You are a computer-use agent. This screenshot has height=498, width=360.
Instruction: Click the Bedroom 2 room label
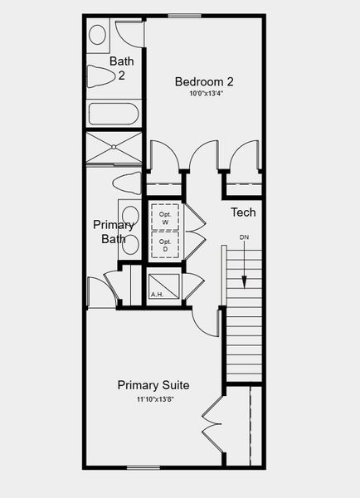[204, 81]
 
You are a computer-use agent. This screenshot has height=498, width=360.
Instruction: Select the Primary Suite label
[153, 385]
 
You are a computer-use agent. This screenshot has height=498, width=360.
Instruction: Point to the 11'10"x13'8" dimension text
[154, 398]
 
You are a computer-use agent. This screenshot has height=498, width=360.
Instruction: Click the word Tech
[243, 212]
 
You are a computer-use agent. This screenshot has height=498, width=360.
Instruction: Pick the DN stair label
[245, 237]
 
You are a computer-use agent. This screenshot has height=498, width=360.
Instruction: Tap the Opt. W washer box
[164, 217]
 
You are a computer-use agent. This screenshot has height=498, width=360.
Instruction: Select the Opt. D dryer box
[164, 246]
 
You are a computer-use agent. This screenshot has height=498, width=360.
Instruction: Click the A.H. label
[157, 295]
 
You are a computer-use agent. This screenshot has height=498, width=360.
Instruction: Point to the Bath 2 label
[121, 68]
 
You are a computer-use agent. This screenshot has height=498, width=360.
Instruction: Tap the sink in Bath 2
[98, 35]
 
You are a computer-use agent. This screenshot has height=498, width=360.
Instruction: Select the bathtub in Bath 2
[114, 114]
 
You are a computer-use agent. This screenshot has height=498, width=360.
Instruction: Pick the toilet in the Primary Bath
[127, 183]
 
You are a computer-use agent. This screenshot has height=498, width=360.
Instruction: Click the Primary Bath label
[113, 232]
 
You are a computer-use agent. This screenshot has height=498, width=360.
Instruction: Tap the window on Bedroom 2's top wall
[184, 15]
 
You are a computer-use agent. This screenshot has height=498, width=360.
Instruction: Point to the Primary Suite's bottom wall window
[142, 466]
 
